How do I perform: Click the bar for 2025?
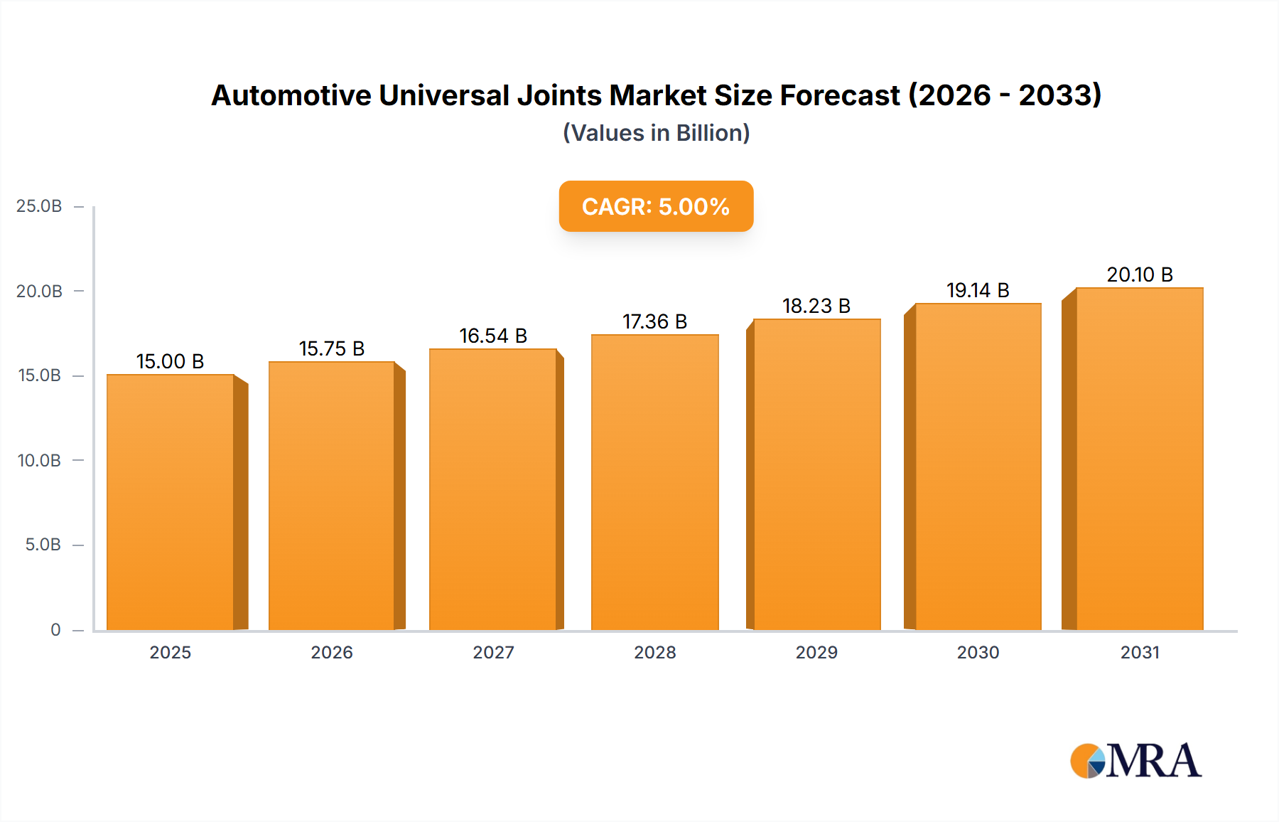(171, 502)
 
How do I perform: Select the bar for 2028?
(654, 482)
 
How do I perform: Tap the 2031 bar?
(1139, 459)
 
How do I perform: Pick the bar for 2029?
(816, 474)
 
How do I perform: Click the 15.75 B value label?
(332, 348)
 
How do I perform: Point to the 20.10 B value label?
(1140, 274)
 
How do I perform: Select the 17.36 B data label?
(654, 321)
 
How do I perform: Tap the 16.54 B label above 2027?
(493, 336)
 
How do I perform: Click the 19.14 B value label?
(978, 290)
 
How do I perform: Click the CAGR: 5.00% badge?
(656, 206)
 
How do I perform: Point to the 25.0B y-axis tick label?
(39, 206)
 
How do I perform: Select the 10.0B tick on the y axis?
(39, 461)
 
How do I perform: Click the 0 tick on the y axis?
(55, 629)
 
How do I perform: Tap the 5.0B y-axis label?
(43, 545)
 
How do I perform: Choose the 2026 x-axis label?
(332, 652)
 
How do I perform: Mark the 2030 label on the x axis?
(978, 652)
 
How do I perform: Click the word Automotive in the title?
(291, 95)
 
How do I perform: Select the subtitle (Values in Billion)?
(656, 133)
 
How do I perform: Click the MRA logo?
(1135, 761)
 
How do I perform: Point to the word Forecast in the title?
(840, 95)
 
